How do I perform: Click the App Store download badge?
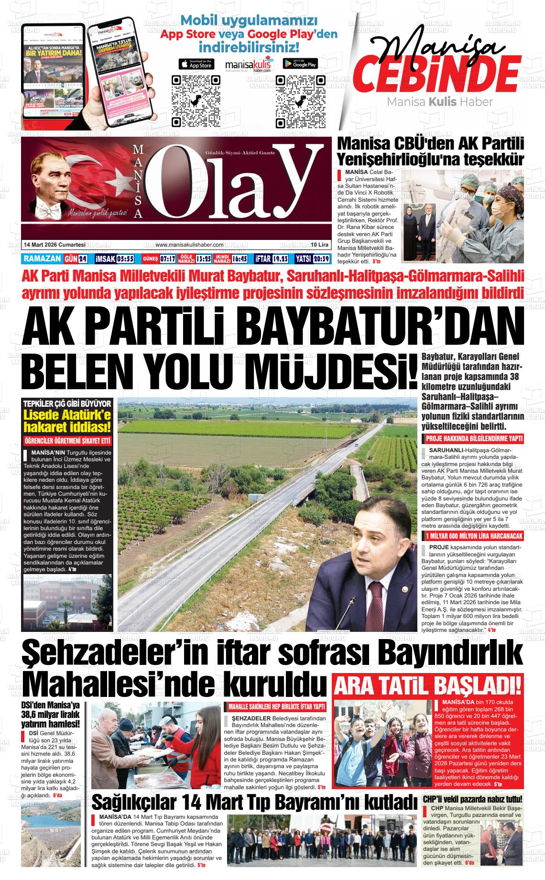point(196,64)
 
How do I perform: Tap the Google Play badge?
point(300,64)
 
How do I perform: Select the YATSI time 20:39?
point(321,259)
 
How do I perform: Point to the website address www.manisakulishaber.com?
point(189,245)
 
